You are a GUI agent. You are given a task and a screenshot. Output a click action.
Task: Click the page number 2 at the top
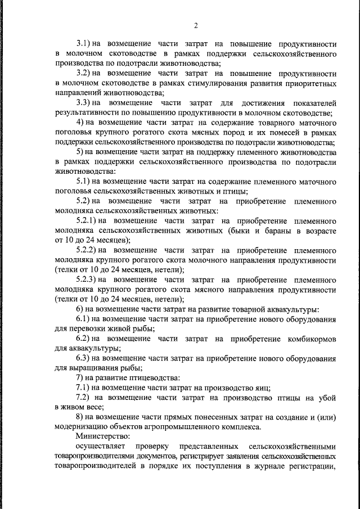click(196, 26)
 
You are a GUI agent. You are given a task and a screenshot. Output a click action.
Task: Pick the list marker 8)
click(80, 417)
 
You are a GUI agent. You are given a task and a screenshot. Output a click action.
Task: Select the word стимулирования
click(218, 83)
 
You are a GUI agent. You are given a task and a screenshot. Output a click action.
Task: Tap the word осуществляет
click(99, 447)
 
